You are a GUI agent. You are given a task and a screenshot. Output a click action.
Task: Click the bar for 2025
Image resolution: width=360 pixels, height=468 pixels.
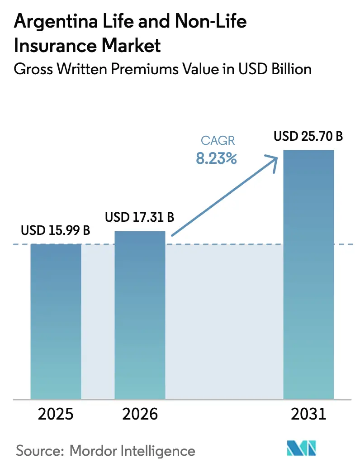(x=56, y=321)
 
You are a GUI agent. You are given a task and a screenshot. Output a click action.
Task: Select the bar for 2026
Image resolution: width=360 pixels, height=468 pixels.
(x=140, y=315)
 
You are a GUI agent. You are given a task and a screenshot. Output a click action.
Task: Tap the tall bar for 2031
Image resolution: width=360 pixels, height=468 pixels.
(x=308, y=274)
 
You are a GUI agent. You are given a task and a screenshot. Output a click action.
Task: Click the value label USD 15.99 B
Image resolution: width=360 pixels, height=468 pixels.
(x=56, y=231)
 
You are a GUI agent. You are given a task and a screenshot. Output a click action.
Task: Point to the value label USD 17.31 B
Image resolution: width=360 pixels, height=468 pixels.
(x=140, y=218)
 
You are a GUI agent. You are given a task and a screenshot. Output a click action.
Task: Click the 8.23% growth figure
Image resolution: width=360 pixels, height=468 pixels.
(x=216, y=158)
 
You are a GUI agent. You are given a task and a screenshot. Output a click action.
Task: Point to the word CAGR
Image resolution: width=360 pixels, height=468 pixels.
(x=216, y=141)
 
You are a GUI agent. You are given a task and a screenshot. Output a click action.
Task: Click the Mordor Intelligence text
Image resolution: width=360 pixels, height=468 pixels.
(x=133, y=451)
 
